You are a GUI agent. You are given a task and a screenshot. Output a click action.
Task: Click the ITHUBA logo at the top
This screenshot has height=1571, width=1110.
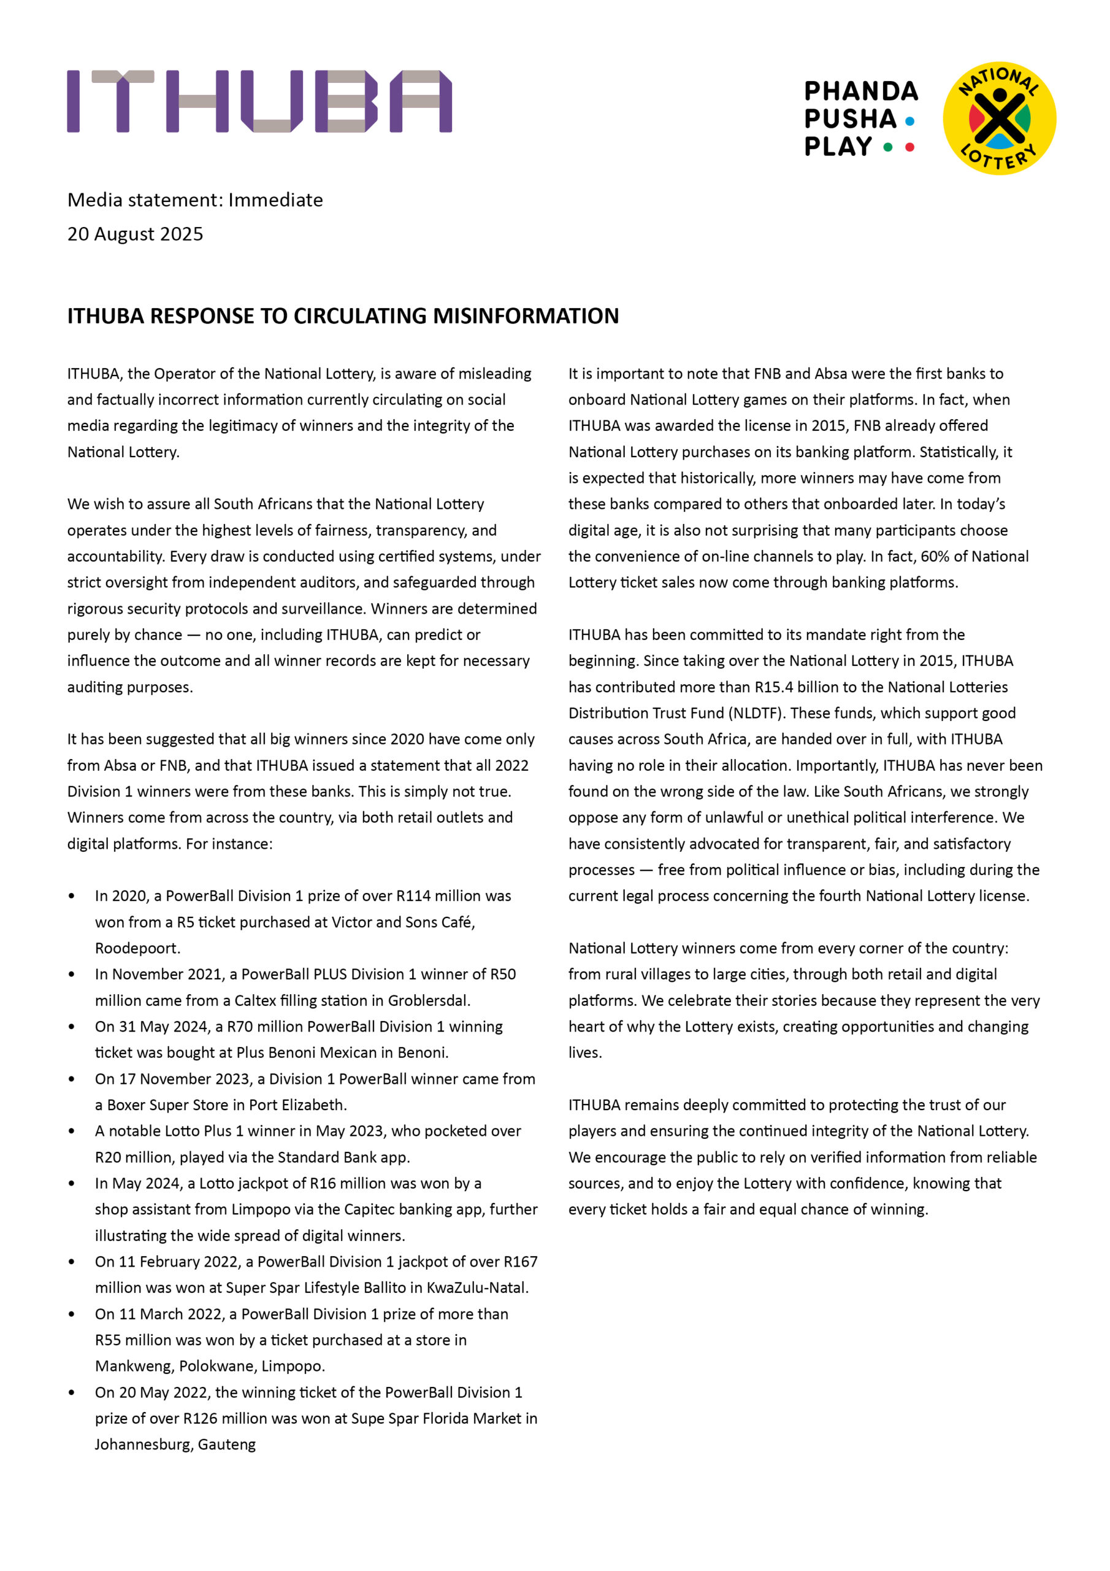point(259,101)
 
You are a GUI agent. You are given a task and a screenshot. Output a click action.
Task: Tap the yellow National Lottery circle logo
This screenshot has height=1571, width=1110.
point(998,118)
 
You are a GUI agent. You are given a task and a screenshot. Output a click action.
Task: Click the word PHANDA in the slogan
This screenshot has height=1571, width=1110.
point(860,91)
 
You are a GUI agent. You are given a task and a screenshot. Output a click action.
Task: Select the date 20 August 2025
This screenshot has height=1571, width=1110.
point(136,234)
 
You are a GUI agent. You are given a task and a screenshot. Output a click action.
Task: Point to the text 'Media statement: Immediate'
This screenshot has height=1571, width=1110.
point(195,200)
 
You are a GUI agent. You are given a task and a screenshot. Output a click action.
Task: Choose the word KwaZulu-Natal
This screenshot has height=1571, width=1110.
point(477,1287)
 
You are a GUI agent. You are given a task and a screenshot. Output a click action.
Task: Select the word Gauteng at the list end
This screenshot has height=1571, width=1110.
point(227,1445)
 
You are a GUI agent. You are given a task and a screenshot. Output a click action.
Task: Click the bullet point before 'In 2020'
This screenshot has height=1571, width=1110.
point(72,897)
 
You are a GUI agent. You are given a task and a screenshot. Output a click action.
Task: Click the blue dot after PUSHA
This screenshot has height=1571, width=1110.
point(909,121)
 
